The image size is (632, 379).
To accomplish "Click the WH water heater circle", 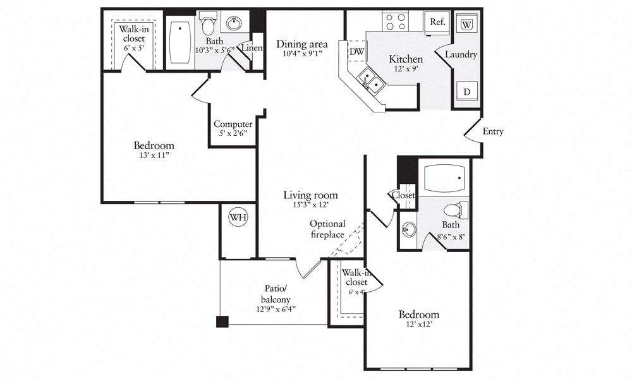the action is click(238, 218).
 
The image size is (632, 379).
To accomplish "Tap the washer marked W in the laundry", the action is click(466, 24).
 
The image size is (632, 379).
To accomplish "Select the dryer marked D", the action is click(467, 92).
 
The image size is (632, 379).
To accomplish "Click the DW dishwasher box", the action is click(356, 51).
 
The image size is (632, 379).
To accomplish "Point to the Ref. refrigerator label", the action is click(437, 21).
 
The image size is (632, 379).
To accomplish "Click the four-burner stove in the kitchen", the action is click(396, 21).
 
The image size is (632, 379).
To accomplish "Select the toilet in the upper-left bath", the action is click(209, 23).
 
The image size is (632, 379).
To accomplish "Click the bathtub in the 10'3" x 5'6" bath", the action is click(179, 42).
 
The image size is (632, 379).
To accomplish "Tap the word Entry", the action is click(493, 131).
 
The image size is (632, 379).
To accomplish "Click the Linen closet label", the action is click(252, 48).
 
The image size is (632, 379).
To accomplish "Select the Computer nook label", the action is click(233, 124).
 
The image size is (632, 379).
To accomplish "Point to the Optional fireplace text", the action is click(327, 229).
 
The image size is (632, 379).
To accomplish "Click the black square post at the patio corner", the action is click(222, 322).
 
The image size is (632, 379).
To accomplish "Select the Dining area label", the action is click(302, 44).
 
